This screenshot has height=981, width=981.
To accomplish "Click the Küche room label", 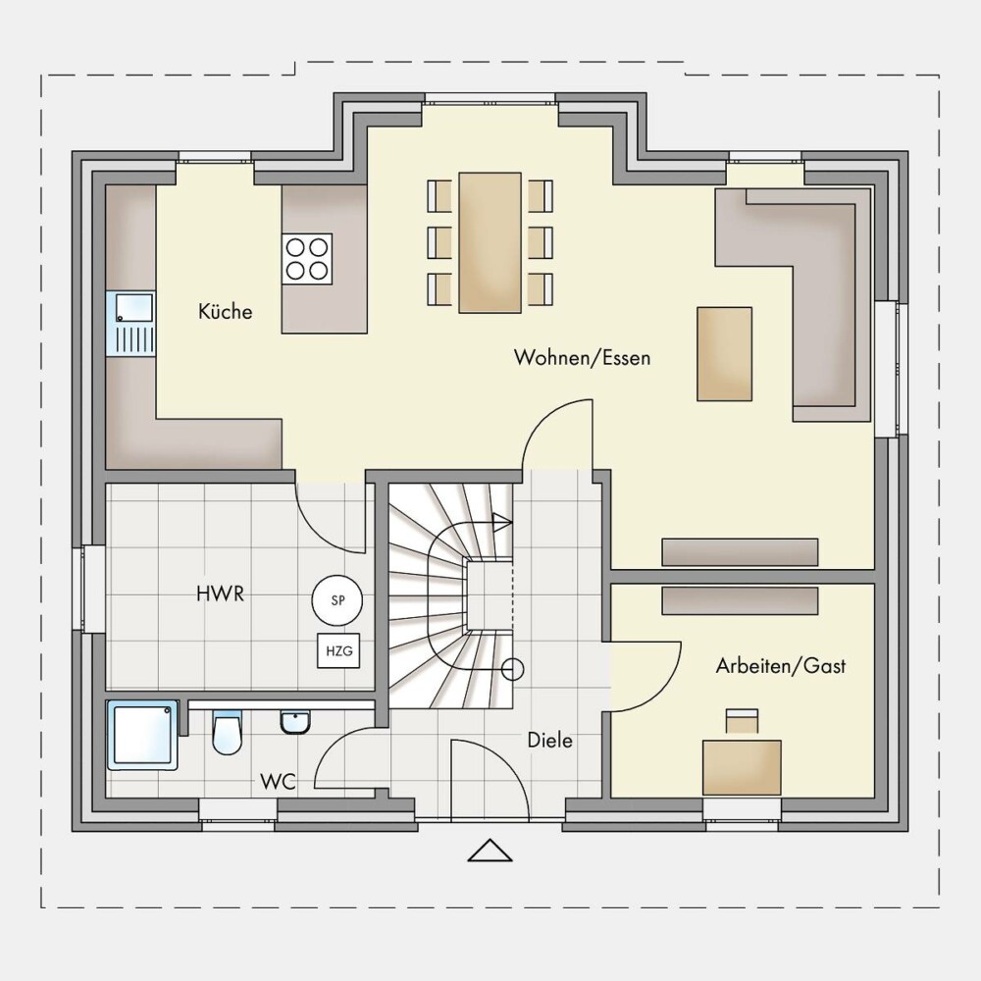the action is (x=226, y=312).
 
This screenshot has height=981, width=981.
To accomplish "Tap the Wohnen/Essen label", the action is (x=582, y=358).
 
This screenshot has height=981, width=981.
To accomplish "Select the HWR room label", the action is (x=220, y=594).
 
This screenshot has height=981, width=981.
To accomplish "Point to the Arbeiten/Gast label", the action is (x=780, y=666).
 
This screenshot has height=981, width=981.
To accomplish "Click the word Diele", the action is (x=550, y=741).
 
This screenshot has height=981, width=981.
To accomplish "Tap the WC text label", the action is (x=278, y=782).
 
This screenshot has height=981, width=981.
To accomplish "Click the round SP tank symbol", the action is (x=337, y=600).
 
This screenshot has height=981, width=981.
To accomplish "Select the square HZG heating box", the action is (x=339, y=651).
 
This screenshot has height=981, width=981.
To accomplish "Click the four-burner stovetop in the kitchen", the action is (x=307, y=258).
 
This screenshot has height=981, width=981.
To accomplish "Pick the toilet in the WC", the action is (x=227, y=732).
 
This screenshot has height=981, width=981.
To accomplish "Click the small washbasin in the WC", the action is (x=294, y=721).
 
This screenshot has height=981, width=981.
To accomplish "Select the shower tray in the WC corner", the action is (x=142, y=735).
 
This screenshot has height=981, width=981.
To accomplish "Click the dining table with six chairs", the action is (x=490, y=242).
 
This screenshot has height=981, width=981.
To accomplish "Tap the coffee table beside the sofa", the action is (x=725, y=353).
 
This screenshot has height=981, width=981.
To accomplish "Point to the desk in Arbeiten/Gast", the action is (x=742, y=768).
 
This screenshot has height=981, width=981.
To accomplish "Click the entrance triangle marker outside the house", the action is (x=490, y=851).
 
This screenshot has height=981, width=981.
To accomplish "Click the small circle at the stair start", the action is (x=513, y=669).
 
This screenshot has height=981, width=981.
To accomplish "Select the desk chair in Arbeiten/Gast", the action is (x=742, y=721).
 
